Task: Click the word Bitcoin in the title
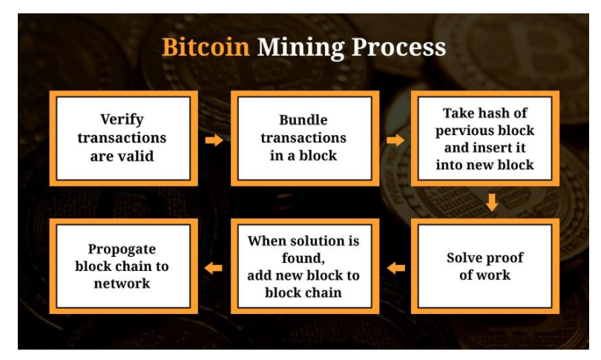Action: pyautogui.click(x=206, y=48)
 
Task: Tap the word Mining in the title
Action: pyautogui.click(x=301, y=48)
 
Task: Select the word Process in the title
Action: pyautogui.click(x=398, y=48)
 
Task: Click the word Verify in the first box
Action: pyautogui.click(x=122, y=120)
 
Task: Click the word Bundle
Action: pyautogui.click(x=303, y=120)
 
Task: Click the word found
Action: pyautogui.click(x=303, y=258)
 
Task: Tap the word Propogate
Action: pyautogui.click(x=122, y=249)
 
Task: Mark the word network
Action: pyautogui.click(x=122, y=284)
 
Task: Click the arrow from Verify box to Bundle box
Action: pyautogui.click(x=214, y=140)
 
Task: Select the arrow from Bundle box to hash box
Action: pyautogui.click(x=395, y=140)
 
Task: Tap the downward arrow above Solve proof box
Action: pyautogui.click(x=492, y=203)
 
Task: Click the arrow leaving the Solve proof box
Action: pyautogui.click(x=395, y=268)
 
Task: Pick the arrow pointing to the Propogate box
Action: pyautogui.click(x=213, y=268)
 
